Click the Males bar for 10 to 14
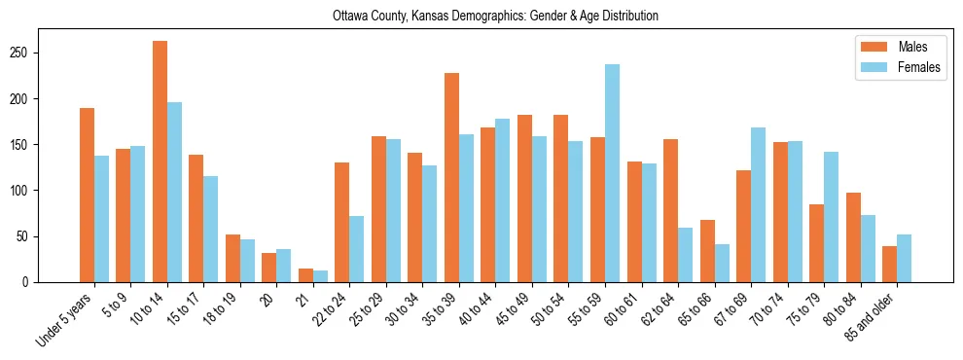tap(160, 162)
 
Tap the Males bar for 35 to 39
tap(451, 178)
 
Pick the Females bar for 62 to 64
tap(685, 255)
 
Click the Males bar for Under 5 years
tap(87, 196)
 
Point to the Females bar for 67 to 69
tap(758, 205)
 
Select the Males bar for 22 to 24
tap(342, 223)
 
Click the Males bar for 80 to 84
tap(853, 237)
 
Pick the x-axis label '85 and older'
tap(872, 317)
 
